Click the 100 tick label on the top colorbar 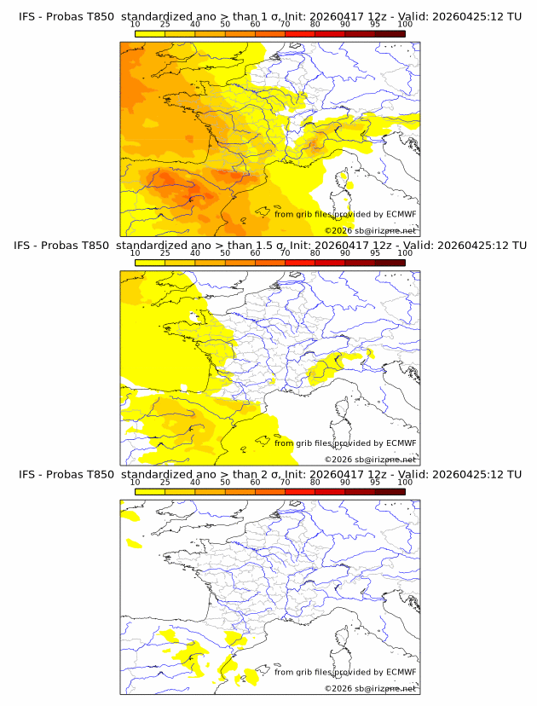tap(405, 24)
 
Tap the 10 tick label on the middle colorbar tap(135, 252)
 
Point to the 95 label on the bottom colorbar tap(375, 482)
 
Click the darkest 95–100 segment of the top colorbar tap(390, 33)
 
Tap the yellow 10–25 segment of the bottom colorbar tap(149, 491)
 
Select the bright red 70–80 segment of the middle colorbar tap(299, 262)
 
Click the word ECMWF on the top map tap(400, 214)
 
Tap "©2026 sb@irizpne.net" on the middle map tap(370, 459)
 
